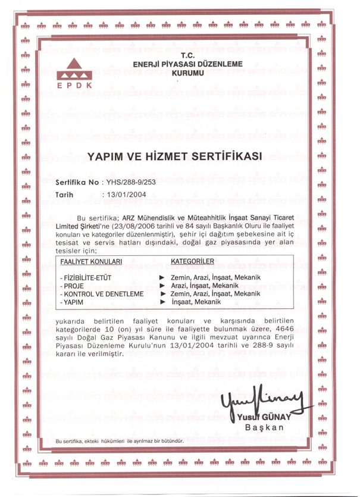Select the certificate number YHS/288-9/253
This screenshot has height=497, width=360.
click(x=130, y=182)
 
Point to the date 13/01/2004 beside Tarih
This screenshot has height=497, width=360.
click(x=126, y=194)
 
